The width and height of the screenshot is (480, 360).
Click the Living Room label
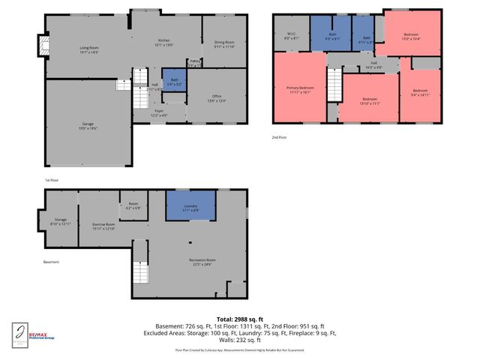click(x=88, y=49)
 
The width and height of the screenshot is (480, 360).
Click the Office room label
click(x=217, y=97)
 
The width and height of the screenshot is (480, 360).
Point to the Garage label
click(x=88, y=124)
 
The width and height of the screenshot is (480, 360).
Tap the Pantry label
click(x=194, y=62)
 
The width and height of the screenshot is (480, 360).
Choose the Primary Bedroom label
click(x=299, y=89)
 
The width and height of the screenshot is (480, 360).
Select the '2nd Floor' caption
click(x=279, y=136)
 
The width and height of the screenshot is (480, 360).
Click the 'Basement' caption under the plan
click(x=51, y=262)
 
